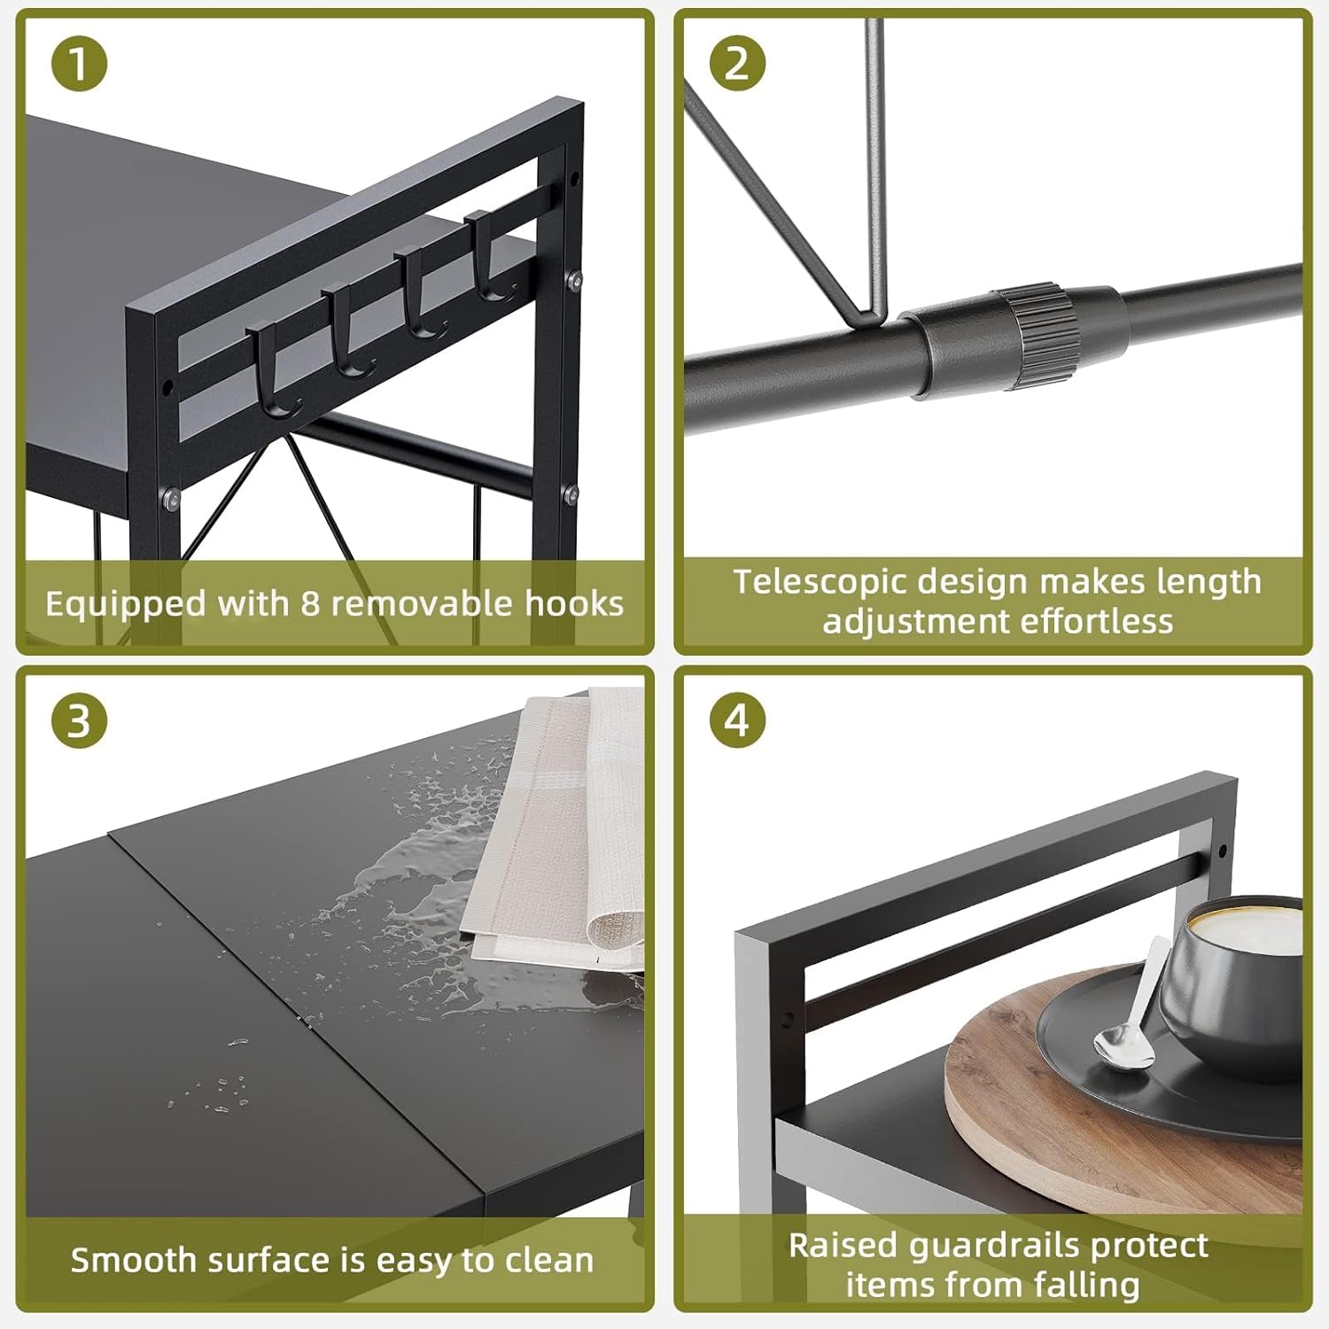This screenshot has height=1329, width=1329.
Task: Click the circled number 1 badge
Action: (79, 65)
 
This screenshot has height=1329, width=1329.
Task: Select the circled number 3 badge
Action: (79, 721)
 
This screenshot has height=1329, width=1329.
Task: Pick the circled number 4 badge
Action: (737, 721)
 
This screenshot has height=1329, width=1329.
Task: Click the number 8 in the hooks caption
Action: (309, 604)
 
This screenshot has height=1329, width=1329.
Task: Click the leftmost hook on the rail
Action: (276, 372)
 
